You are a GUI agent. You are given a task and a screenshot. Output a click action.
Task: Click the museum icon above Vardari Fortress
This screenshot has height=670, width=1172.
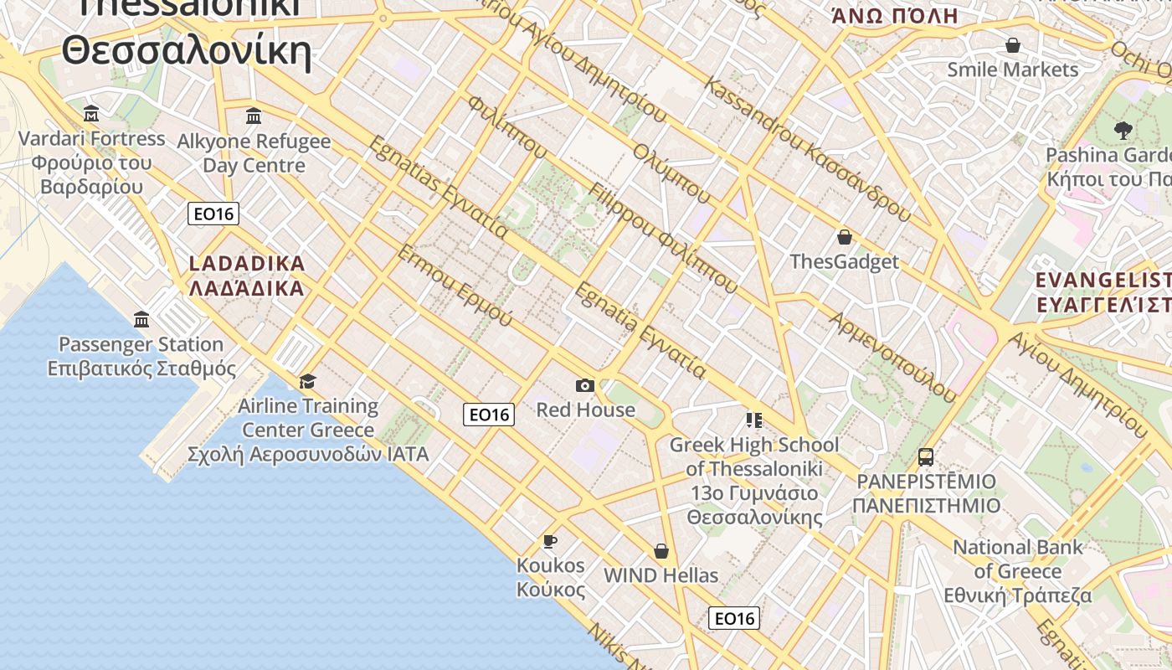[91, 113]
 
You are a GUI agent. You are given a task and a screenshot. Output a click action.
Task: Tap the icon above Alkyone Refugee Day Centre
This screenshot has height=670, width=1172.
[254, 116]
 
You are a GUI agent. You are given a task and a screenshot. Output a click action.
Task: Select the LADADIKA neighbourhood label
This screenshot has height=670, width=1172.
[247, 276]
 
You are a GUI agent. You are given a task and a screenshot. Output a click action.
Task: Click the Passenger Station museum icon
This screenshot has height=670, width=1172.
[141, 319]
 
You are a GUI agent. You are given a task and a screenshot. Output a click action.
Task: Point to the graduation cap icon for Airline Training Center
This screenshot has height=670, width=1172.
[308, 381]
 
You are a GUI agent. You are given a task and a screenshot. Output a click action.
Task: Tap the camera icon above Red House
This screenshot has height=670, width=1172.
[585, 385]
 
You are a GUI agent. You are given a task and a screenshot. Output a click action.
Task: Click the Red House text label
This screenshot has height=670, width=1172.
[585, 410]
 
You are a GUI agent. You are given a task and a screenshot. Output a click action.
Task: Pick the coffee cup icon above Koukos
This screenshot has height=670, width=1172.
[550, 541]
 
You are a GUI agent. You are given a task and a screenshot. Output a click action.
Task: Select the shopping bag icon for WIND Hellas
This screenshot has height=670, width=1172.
[661, 551]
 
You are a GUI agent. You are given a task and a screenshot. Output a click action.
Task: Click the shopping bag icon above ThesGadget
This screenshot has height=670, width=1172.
[844, 237]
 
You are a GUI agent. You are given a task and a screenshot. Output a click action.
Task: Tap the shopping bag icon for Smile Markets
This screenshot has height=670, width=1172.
[1013, 45]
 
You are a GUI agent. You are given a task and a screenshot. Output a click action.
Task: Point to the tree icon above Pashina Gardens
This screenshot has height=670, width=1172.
[1123, 130]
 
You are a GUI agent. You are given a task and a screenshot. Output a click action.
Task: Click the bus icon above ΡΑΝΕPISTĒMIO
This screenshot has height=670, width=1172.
[926, 457]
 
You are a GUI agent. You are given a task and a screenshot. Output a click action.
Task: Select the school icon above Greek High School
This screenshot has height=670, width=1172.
[754, 420]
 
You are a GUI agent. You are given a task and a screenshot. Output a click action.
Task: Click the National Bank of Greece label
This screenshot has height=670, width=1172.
[1018, 571]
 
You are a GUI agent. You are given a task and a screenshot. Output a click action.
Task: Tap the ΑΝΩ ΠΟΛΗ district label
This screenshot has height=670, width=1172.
[894, 15]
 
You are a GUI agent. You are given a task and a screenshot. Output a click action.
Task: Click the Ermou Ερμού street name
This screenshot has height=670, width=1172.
[454, 286]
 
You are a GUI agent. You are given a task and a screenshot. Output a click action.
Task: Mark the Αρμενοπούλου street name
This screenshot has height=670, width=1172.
[892, 355]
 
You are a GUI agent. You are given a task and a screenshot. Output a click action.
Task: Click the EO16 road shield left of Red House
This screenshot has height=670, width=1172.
[489, 414]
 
